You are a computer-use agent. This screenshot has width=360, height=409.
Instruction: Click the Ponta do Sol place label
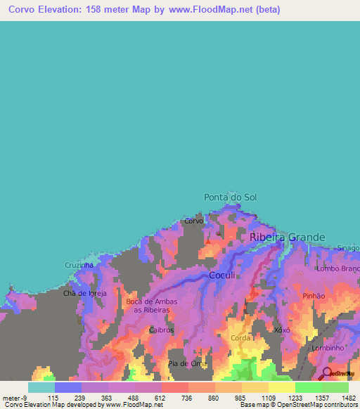coord(230,197)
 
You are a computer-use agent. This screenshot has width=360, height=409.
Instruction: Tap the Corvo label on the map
coord(193,221)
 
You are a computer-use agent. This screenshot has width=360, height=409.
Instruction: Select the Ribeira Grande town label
coord(288,238)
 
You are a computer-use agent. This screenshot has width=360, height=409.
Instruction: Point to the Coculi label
coord(226,275)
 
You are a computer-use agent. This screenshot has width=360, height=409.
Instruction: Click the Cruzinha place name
coord(79,265)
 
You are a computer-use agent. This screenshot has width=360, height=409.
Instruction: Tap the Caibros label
coord(161,329)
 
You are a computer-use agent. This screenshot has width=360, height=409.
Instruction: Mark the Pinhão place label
coord(314,296)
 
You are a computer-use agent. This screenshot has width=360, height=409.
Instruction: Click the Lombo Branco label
coord(338,268)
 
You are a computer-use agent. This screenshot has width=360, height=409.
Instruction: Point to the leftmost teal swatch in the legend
coord(41,387)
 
